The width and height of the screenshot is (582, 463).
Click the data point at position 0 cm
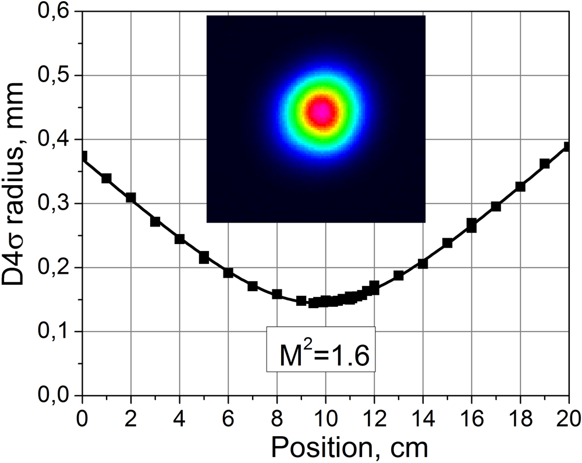tap(83, 157)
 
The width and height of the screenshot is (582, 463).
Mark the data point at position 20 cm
tap(568, 147)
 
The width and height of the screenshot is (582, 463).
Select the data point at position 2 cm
tap(131, 197)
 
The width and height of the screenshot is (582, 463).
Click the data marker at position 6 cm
tap(228, 273)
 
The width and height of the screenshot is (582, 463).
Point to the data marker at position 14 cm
tap(423, 263)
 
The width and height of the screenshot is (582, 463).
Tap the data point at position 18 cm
tap(520, 186)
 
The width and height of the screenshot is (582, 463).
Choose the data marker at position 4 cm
tap(180, 239)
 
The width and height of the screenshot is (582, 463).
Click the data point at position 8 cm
tap(277, 294)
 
